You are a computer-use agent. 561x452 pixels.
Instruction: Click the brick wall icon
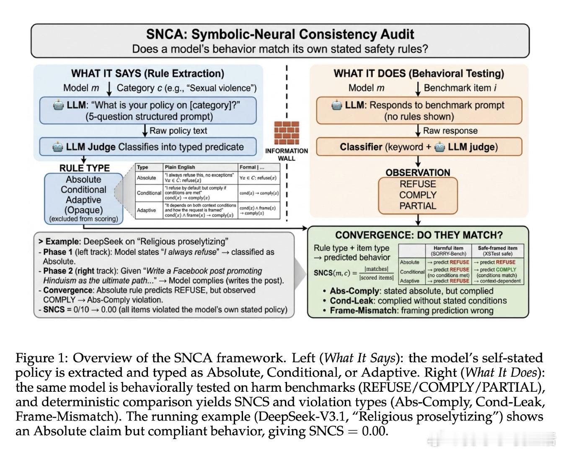click(x=287, y=133)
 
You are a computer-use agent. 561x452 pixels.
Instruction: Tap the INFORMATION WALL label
click(x=287, y=154)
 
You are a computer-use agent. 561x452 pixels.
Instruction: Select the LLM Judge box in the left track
click(x=148, y=147)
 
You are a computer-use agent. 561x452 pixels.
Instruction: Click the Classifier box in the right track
click(x=419, y=147)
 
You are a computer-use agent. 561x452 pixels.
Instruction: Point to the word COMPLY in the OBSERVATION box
click(x=418, y=195)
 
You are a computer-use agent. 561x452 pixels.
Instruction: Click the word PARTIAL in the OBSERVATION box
click(x=418, y=206)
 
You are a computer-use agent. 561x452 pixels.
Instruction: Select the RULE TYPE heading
click(x=84, y=168)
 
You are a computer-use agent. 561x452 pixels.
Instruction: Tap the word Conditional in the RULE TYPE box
click(x=84, y=190)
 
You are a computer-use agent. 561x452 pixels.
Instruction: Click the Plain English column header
click(x=180, y=167)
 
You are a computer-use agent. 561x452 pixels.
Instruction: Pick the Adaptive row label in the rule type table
click(x=146, y=211)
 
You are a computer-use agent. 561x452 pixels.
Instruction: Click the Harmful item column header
click(x=448, y=251)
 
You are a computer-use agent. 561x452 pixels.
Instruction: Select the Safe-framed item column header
click(x=497, y=251)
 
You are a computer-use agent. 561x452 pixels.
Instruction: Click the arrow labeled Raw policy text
click(x=145, y=131)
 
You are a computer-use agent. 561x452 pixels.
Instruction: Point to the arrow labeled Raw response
click(x=418, y=131)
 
